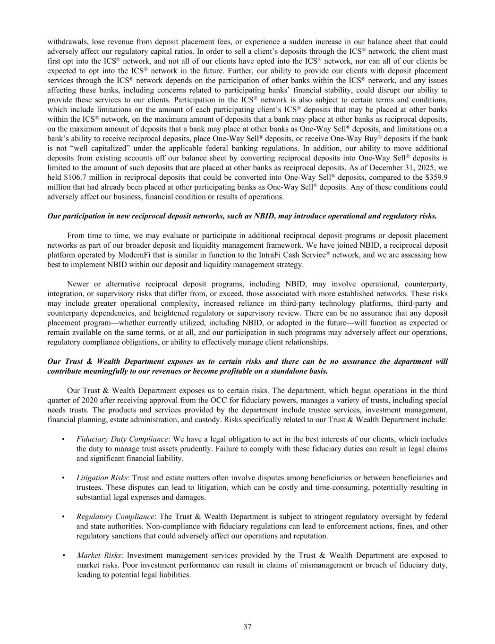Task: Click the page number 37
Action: pos(247,627)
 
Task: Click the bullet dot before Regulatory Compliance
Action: pos(63,517)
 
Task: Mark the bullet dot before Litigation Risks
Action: pos(63,478)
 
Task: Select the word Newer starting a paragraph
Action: pos(78,284)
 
